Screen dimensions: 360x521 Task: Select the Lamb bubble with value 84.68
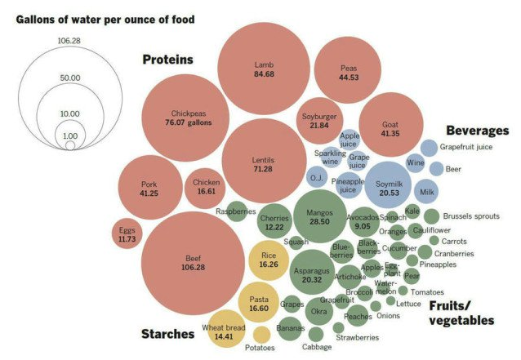click(x=263, y=69)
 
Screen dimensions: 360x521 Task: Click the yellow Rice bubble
click(x=269, y=260)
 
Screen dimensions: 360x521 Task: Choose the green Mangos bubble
click(x=324, y=216)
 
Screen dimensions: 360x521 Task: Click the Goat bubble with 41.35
click(x=390, y=127)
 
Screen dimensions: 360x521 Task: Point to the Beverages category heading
click(x=477, y=131)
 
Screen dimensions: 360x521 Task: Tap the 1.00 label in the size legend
click(x=69, y=136)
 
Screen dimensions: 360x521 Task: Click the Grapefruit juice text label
click(x=478, y=147)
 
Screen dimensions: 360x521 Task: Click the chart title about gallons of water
click(x=99, y=19)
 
